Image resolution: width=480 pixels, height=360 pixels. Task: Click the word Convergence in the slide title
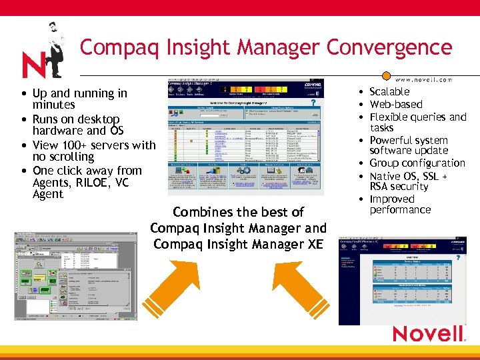388,48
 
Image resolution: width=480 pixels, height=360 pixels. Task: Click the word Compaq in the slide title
116,48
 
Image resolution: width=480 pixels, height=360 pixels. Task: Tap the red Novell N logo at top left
33,65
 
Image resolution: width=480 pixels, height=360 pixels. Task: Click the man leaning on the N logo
52,48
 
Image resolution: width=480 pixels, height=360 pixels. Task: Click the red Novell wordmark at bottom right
427,333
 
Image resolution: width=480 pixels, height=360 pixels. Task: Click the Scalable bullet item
389,92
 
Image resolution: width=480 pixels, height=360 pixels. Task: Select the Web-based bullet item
396,104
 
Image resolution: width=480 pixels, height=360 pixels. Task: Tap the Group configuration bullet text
417,163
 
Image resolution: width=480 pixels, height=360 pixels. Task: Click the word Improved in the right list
392,199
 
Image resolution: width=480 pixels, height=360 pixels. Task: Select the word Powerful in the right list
393,140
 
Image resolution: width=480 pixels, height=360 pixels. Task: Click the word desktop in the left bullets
99,119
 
